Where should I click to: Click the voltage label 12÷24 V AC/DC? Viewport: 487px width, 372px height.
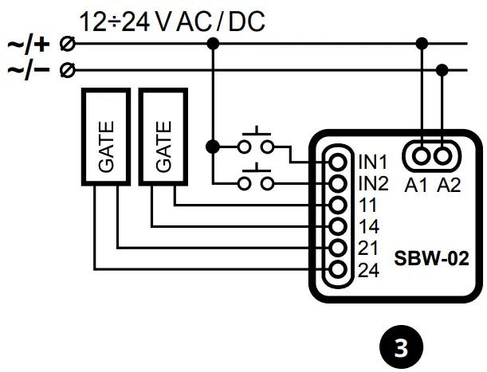click(x=171, y=22)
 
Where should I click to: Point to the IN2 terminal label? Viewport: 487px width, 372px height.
click(x=372, y=184)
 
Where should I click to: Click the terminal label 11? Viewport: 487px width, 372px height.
click(x=367, y=206)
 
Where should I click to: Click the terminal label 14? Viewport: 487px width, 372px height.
click(x=368, y=227)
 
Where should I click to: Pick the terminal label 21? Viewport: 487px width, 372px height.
click(x=368, y=249)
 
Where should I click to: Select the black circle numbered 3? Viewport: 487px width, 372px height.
click(x=403, y=347)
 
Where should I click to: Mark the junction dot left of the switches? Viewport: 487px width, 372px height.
click(x=212, y=147)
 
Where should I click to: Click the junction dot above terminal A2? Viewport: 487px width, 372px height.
click(x=444, y=70)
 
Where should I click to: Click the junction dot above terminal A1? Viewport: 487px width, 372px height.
click(x=422, y=44)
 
